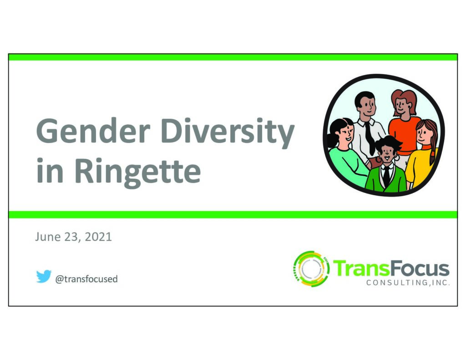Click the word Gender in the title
point(93,131)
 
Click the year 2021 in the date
point(98,237)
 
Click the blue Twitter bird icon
point(44,276)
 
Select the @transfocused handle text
point(86,279)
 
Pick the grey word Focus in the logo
point(419,269)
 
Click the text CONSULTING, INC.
point(408,283)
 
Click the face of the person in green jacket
point(387,153)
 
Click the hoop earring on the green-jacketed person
point(397,158)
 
